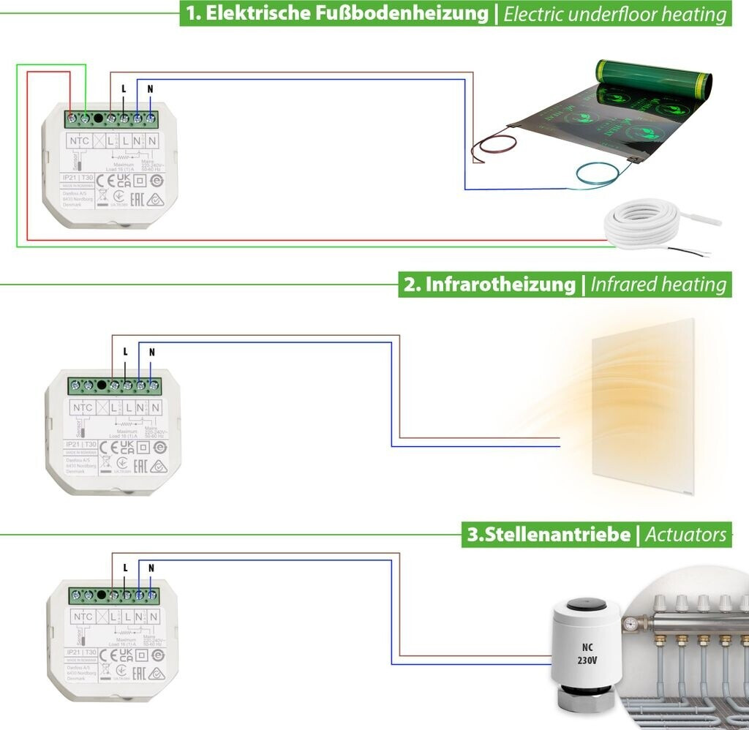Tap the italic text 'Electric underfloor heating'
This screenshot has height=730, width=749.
click(616, 14)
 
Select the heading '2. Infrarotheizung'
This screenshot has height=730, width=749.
click(489, 285)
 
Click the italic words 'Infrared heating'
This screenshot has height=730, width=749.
click(659, 285)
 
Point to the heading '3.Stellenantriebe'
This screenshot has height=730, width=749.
click(549, 535)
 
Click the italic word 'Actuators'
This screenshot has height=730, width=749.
click(685, 535)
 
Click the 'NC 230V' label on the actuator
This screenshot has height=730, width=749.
click(587, 652)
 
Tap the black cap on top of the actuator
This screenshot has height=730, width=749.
click(587, 604)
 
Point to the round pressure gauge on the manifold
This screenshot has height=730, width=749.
click(629, 625)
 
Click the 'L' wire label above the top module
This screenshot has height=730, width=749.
click(124, 88)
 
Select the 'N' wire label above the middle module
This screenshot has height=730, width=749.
click(151, 352)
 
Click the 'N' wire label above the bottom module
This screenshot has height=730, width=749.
click(151, 568)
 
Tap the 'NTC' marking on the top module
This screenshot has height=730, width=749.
click(80, 140)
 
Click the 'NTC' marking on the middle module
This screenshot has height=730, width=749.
click(83, 408)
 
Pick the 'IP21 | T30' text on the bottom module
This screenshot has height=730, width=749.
click(81, 651)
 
